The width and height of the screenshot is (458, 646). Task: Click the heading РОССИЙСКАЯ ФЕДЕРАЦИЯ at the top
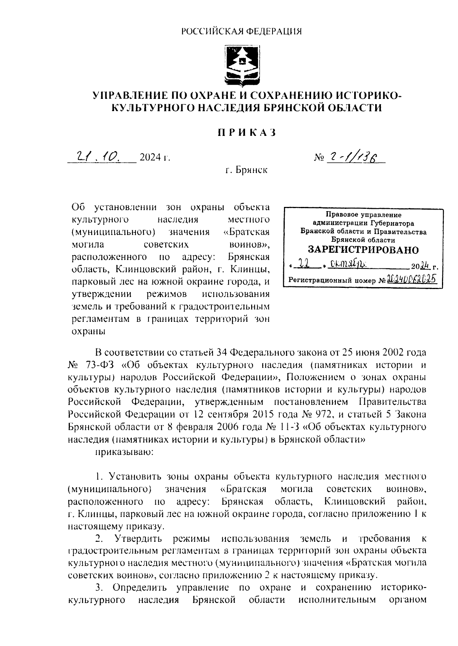point(241,31)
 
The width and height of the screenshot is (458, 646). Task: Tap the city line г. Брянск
point(246,170)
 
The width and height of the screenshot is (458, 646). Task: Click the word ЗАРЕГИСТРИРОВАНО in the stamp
point(363,250)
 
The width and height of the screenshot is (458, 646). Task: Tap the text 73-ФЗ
point(101,365)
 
